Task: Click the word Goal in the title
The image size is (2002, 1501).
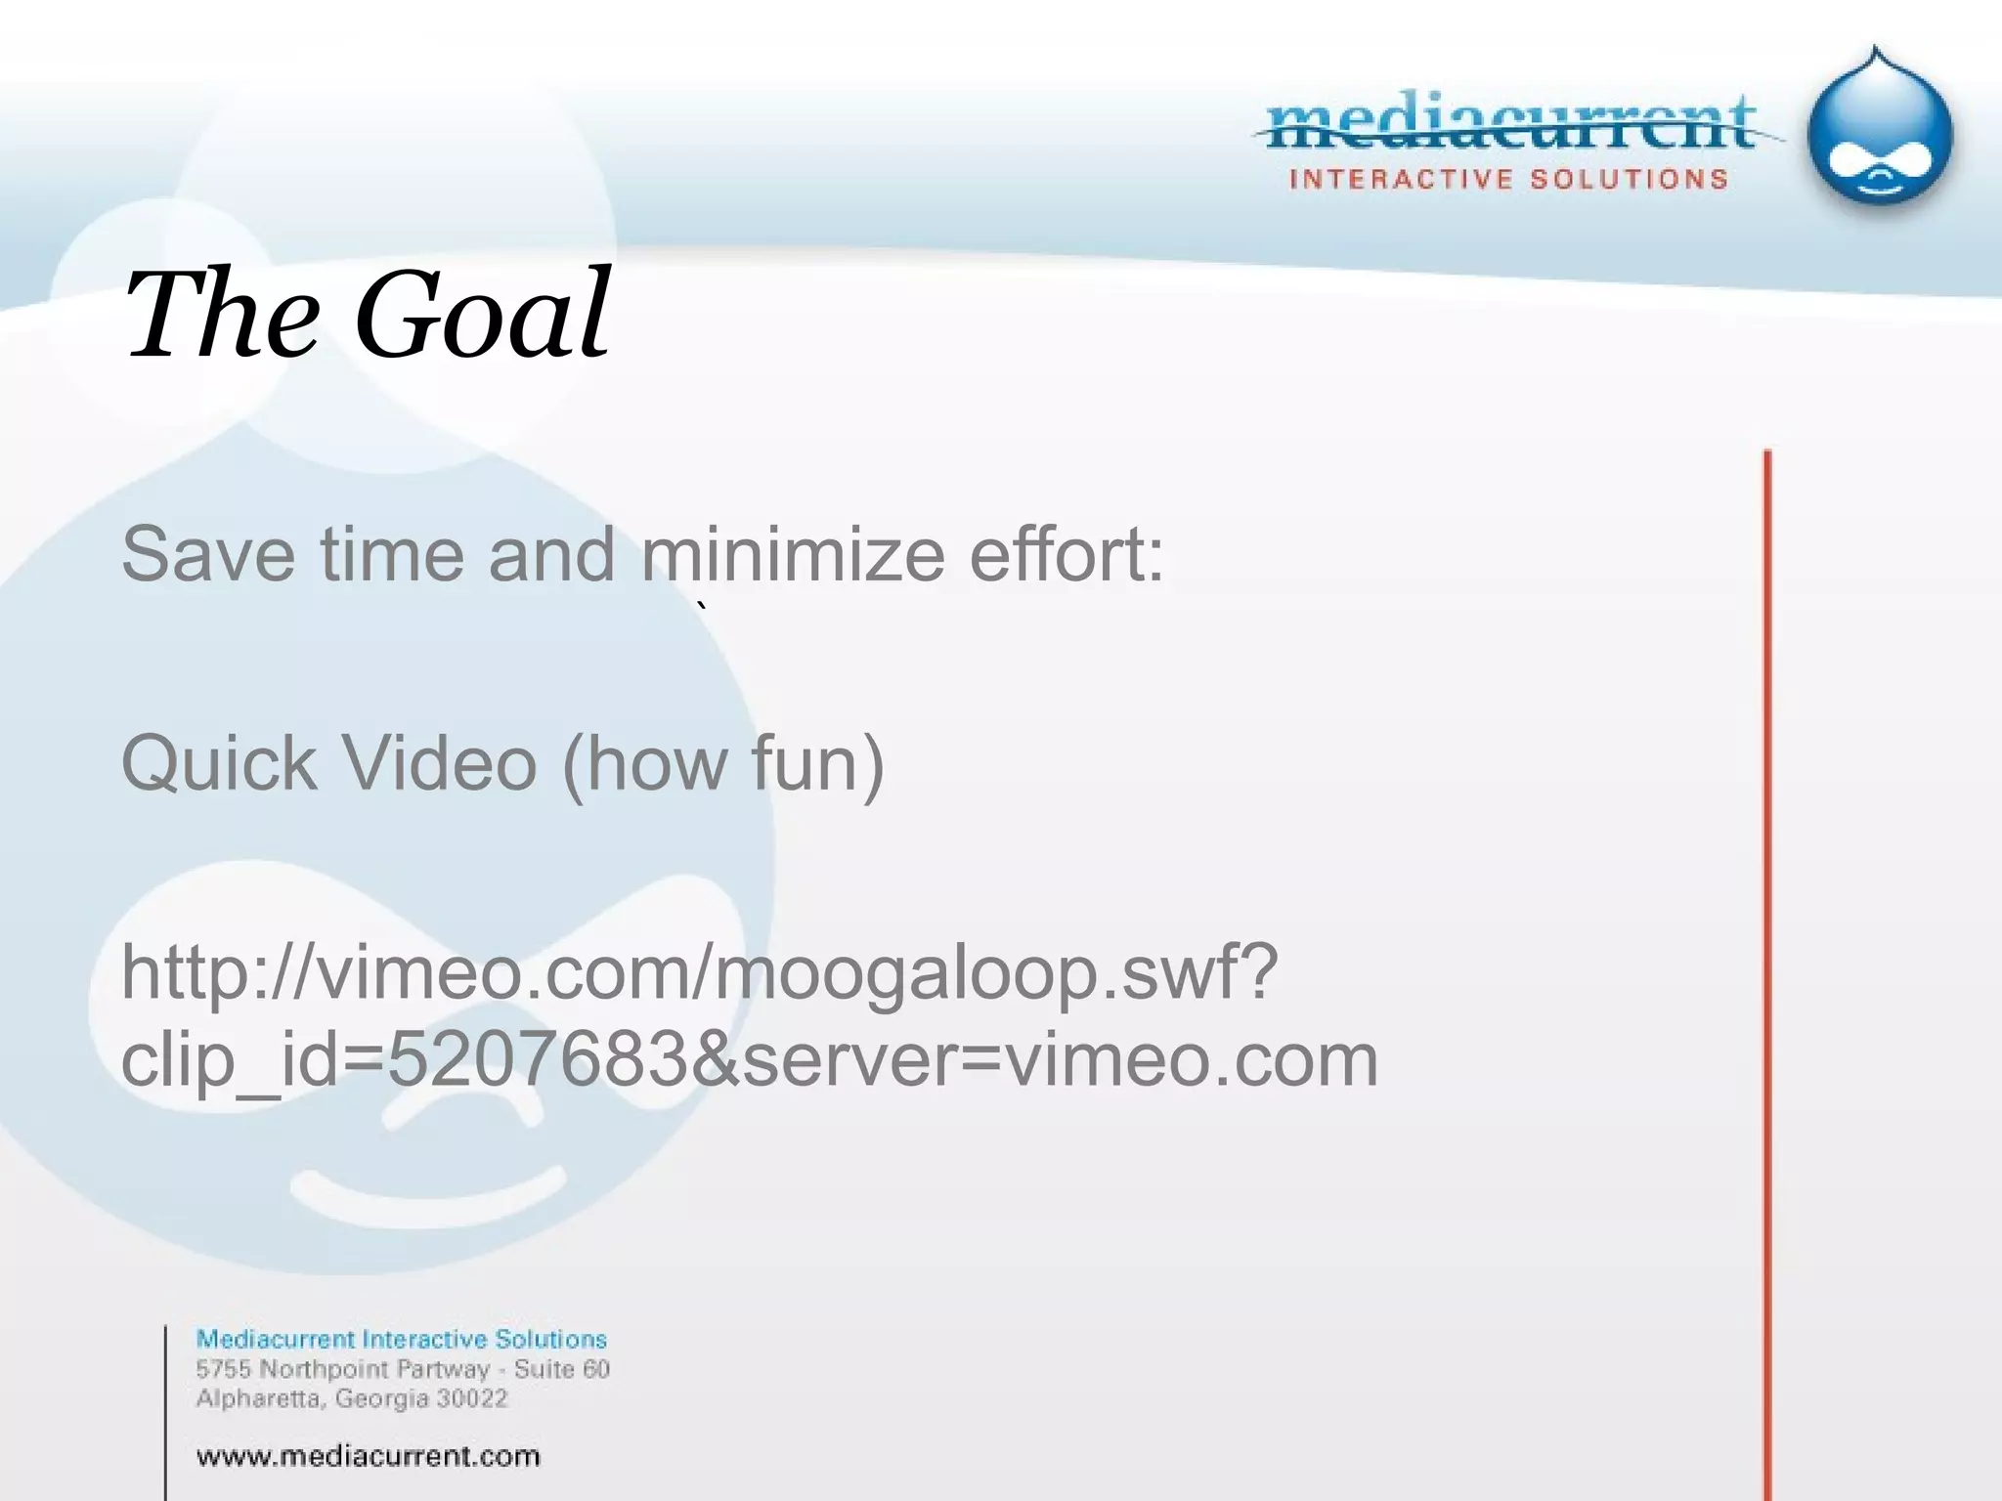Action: pyautogui.click(x=482, y=315)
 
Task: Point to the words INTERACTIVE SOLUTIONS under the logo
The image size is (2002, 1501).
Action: pyautogui.click(x=1508, y=179)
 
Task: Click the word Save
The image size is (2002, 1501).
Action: pyautogui.click(x=207, y=554)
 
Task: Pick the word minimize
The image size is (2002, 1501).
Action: pyautogui.click(x=793, y=554)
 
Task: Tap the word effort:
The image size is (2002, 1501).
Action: pyautogui.click(x=1066, y=554)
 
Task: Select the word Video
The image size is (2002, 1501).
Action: pyautogui.click(x=440, y=763)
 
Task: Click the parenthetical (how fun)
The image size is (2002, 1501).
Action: pyautogui.click(x=723, y=763)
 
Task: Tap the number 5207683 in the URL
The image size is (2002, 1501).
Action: pyautogui.click(x=538, y=1059)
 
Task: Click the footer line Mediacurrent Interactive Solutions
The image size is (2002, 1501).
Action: pyautogui.click(x=401, y=1339)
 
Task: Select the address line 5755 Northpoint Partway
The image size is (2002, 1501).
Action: pyautogui.click(x=342, y=1369)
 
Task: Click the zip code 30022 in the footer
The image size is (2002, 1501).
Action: pyautogui.click(x=472, y=1398)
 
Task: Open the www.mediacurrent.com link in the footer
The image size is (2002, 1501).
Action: pyautogui.click(x=368, y=1457)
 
